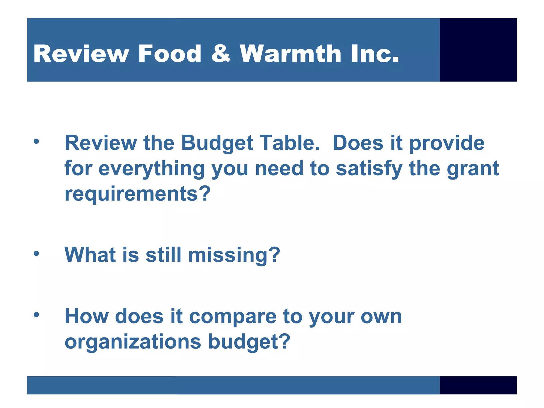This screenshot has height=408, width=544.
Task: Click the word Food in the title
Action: pos(169,54)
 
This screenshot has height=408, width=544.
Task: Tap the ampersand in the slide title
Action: pos(221,54)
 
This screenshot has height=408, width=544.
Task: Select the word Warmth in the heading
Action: pos(290,54)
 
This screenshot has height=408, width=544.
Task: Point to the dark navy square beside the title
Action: pos(478,50)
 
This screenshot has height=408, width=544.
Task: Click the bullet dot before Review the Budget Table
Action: pos(36,141)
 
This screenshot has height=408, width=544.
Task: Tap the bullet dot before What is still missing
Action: pos(36,253)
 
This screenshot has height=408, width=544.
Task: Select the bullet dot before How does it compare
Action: pos(36,315)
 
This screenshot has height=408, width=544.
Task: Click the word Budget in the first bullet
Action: pos(217,143)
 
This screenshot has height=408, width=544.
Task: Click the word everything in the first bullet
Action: pos(151,169)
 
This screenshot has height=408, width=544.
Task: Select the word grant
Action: pos(473,169)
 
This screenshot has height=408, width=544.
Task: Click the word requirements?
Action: pos(138,194)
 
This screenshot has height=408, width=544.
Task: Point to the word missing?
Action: pos(234,255)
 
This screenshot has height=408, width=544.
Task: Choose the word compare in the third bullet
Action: pos(232,317)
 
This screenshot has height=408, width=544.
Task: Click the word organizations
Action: pos(133,342)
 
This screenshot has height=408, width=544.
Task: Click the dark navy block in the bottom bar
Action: pos(478,385)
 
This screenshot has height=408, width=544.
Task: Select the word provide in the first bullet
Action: pos(447,143)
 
